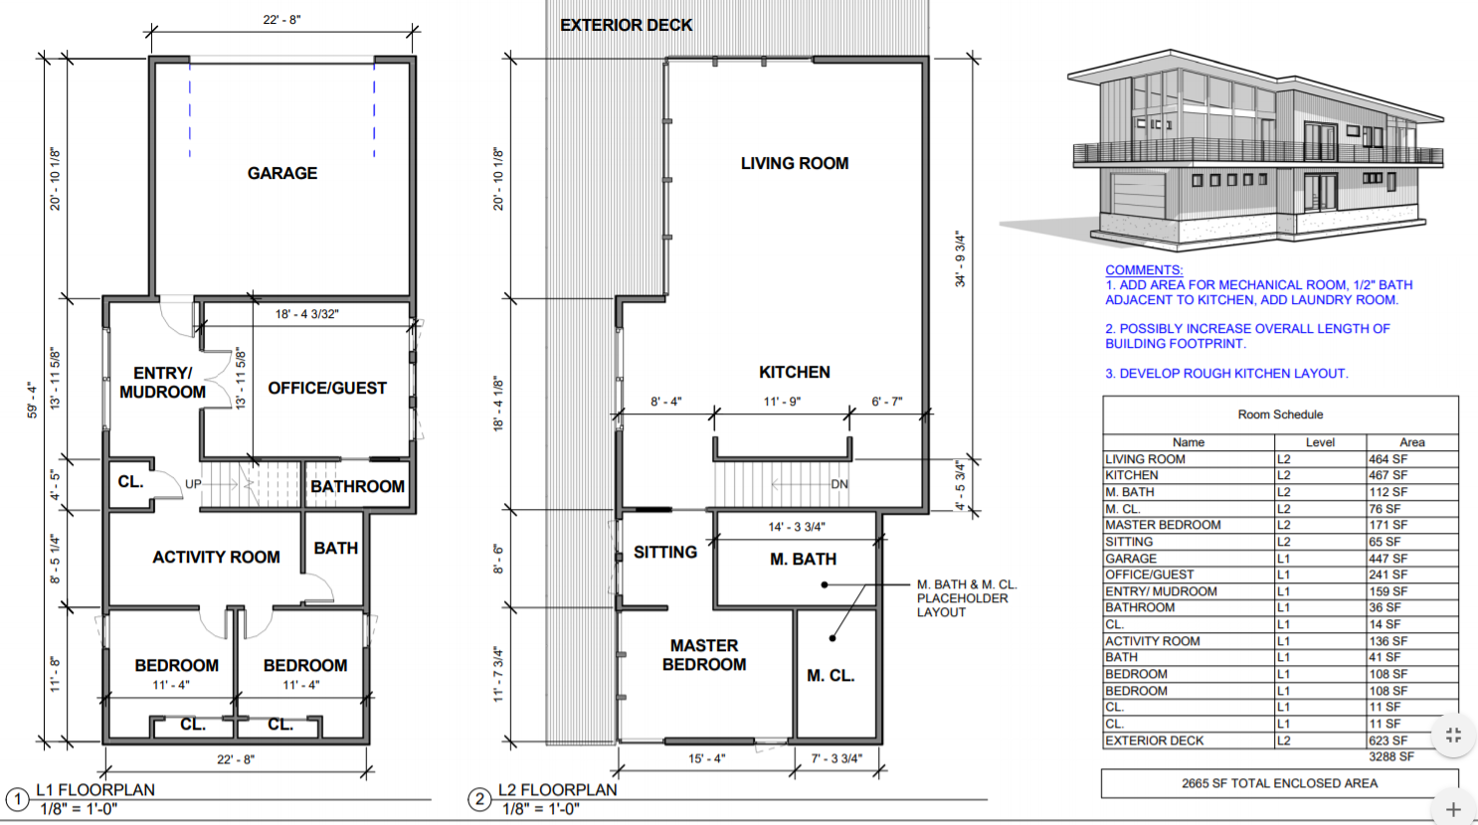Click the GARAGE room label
[282, 173]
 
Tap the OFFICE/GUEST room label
[327, 389]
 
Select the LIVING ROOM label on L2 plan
[795, 164]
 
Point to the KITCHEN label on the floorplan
[795, 373]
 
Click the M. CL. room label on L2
[831, 676]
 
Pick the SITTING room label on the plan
[665, 553]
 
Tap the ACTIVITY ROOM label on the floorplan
[217, 558]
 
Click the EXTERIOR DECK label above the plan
[627, 25]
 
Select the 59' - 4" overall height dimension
[31, 400]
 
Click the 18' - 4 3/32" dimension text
[307, 314]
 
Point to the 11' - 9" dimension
[782, 402]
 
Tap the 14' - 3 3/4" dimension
[797, 527]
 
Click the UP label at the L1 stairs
[193, 484]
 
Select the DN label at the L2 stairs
[839, 485]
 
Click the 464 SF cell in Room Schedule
[1387, 459]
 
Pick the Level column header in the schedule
[1320, 442]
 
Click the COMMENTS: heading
[1144, 270]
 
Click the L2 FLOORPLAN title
[558, 790]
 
